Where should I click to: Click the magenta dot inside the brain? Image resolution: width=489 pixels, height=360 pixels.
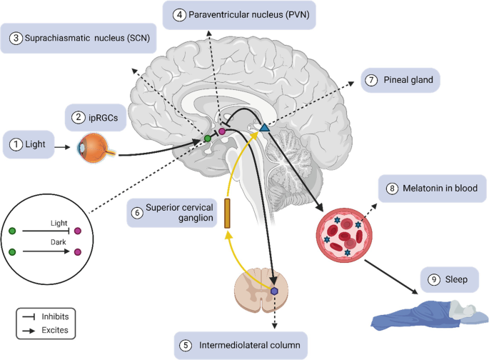point(221,131)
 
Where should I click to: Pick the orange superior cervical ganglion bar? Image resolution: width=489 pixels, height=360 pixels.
point(228,214)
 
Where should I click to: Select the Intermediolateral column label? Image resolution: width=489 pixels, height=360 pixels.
point(241,346)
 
